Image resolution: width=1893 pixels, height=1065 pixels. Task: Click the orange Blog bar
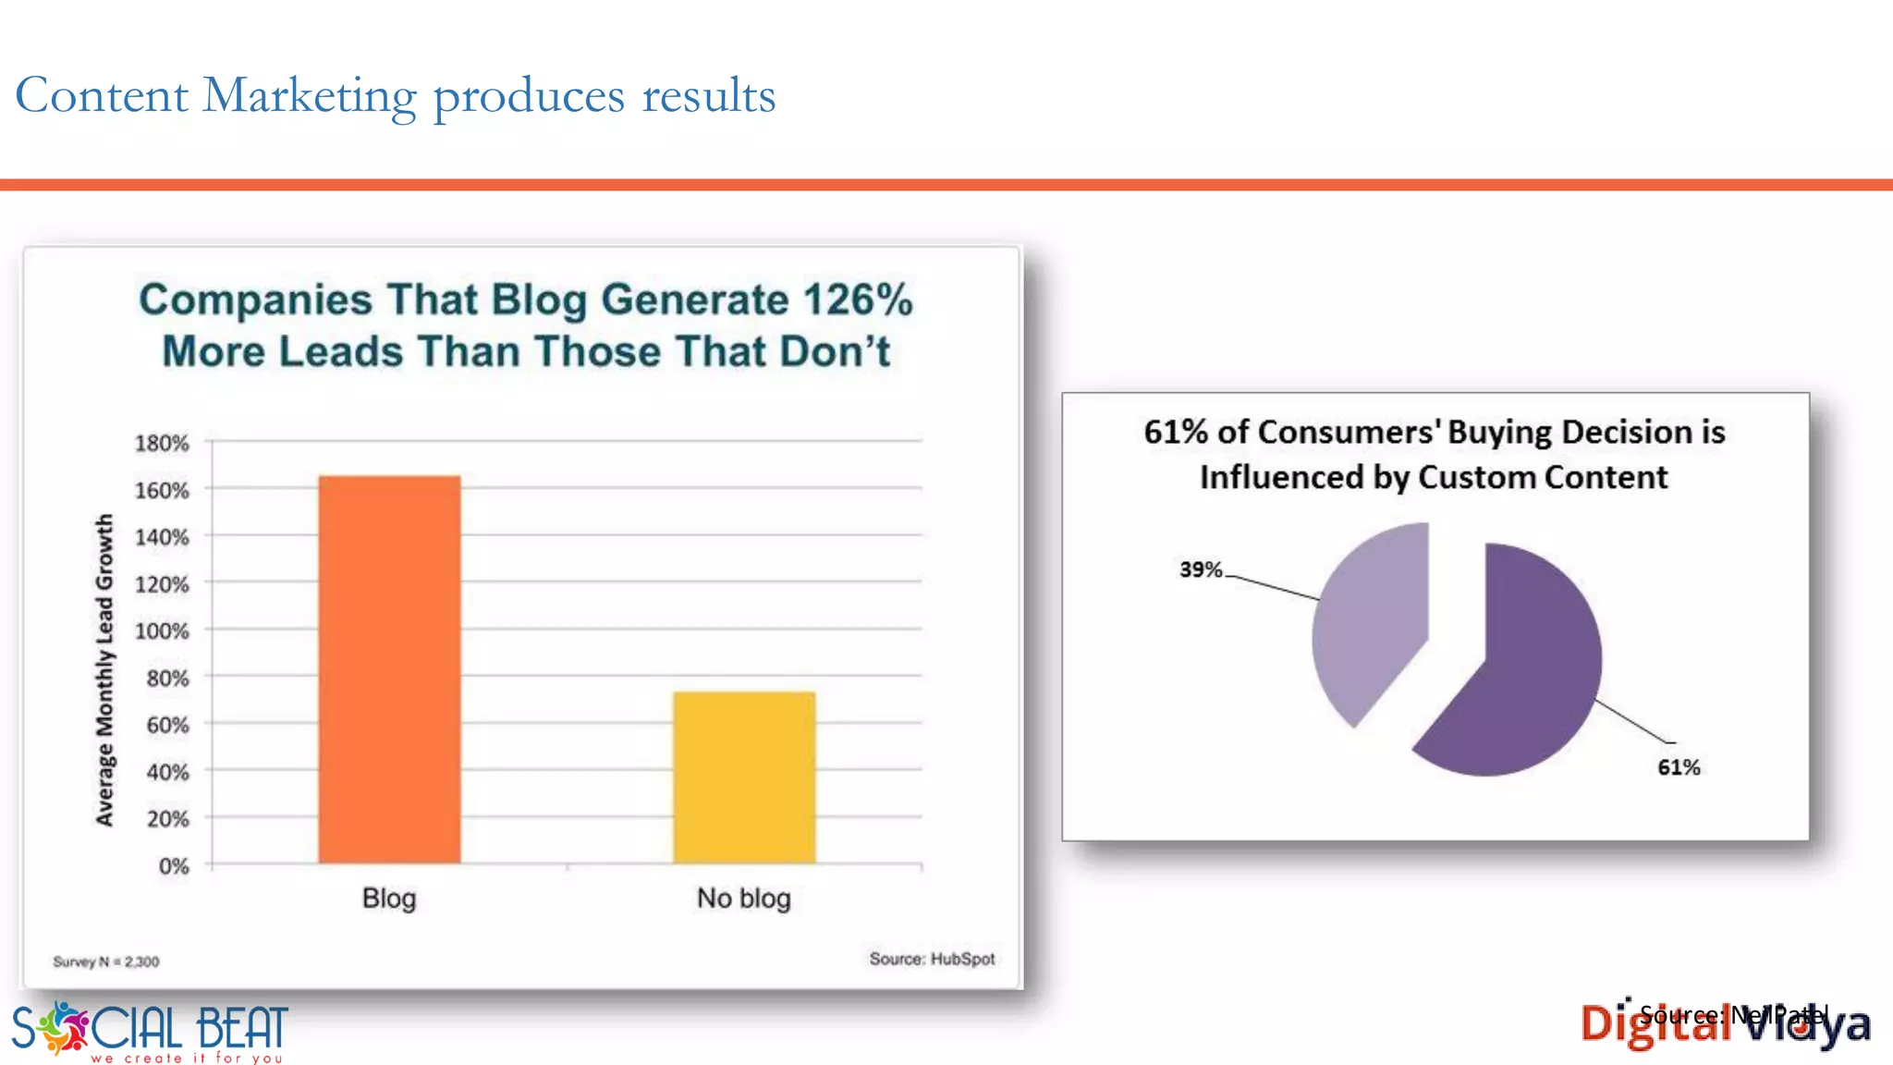point(389,669)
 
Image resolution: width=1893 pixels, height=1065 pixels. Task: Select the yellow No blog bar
point(744,777)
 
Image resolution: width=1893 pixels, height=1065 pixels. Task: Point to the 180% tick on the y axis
point(162,444)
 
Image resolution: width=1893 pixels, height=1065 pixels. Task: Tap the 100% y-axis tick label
point(162,631)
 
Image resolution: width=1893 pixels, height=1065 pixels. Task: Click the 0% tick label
point(174,866)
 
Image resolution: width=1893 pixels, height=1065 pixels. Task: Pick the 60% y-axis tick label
point(167,726)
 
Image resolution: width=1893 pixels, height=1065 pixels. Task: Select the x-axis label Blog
point(389,899)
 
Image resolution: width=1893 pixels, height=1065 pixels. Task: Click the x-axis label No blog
point(744,899)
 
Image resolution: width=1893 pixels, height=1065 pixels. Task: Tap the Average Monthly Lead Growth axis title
point(104,670)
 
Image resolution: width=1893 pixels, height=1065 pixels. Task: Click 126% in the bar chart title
point(858,300)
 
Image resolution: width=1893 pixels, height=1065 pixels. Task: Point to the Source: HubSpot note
point(932,960)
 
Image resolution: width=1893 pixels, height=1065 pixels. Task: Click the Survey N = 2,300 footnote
point(106,962)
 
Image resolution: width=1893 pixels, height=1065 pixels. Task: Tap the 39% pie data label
point(1201,569)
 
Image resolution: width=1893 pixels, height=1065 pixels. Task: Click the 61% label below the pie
point(1679,767)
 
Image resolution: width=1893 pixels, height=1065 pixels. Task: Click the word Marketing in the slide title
point(310,96)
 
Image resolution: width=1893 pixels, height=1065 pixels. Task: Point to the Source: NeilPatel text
point(1734,1015)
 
